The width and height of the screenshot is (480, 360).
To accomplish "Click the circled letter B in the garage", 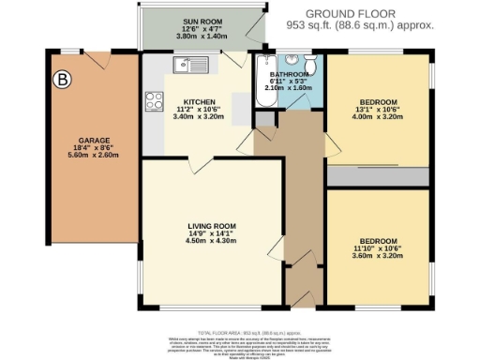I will [63, 79].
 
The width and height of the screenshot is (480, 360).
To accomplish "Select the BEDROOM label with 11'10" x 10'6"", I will [378, 241].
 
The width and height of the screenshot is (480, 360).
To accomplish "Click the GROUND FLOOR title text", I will [360, 13].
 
